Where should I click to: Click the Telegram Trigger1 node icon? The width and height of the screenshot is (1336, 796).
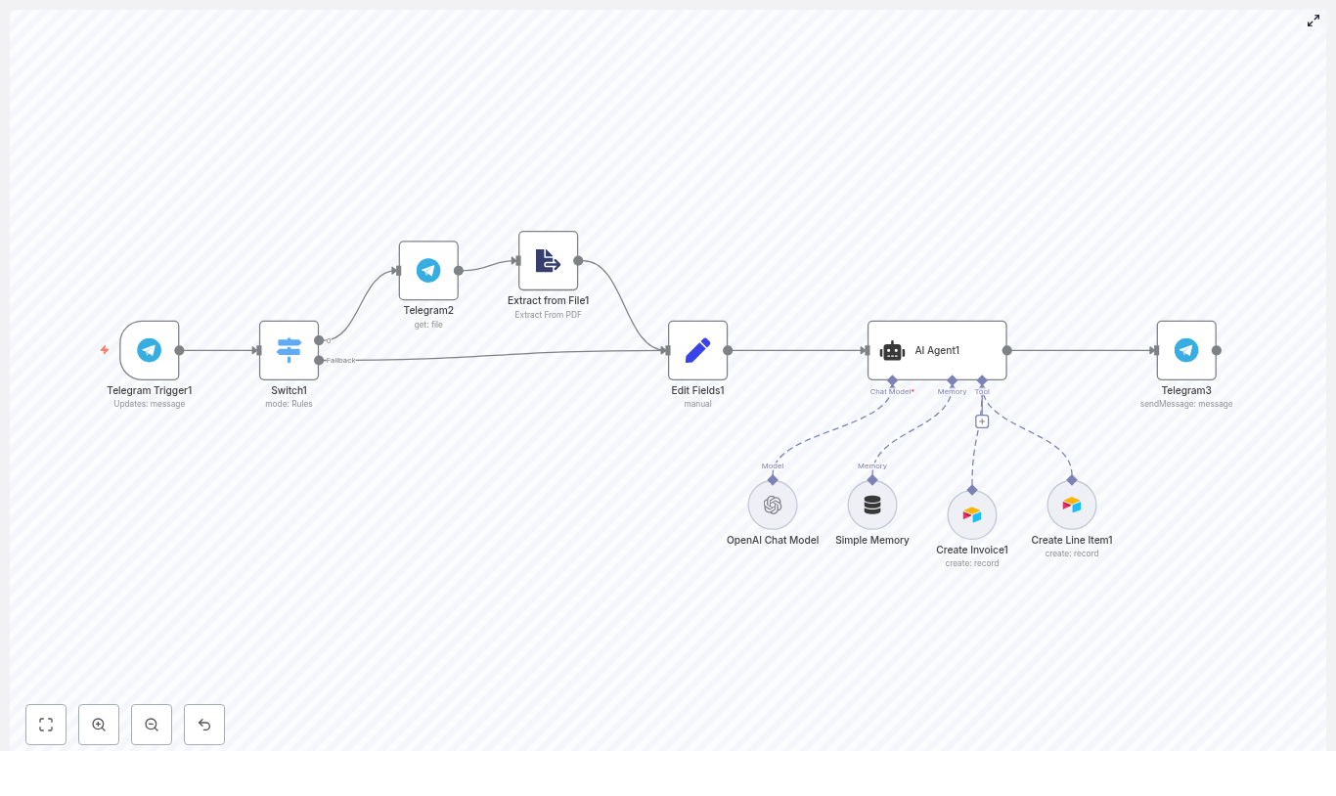pyautogui.click(x=149, y=350)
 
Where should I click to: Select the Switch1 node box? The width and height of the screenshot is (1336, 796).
pyautogui.click(x=289, y=350)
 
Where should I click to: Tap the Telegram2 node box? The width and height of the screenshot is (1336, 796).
pyautogui.click(x=428, y=271)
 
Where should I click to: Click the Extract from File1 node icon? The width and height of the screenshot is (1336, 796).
pyautogui.click(x=548, y=261)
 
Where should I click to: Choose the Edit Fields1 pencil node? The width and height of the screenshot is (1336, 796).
pyautogui.click(x=697, y=350)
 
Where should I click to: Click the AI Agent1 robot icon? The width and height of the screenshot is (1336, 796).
pyautogui.click(x=893, y=351)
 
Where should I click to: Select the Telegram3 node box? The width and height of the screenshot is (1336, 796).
pyautogui.click(x=1185, y=350)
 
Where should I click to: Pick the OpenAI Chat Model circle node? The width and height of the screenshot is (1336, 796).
pyautogui.click(x=773, y=505)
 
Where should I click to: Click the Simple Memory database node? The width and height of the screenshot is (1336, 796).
pyautogui.click(x=872, y=505)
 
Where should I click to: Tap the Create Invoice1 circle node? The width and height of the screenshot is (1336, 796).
pyautogui.click(x=972, y=514)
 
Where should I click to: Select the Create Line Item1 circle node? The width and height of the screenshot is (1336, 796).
pyautogui.click(x=1072, y=505)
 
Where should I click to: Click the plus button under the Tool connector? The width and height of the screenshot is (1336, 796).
pyautogui.click(x=982, y=421)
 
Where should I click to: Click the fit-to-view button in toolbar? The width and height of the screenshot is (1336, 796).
pyautogui.click(x=46, y=725)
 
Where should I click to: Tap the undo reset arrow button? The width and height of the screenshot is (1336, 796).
pyautogui.click(x=204, y=725)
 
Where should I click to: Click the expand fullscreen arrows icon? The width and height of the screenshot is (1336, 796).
pyautogui.click(x=1314, y=21)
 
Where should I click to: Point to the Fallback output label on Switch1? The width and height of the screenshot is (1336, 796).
pyautogui.click(x=341, y=361)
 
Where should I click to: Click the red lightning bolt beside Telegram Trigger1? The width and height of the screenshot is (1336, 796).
pyautogui.click(x=105, y=350)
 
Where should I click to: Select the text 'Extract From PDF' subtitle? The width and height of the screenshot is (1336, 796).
pyautogui.click(x=548, y=315)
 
